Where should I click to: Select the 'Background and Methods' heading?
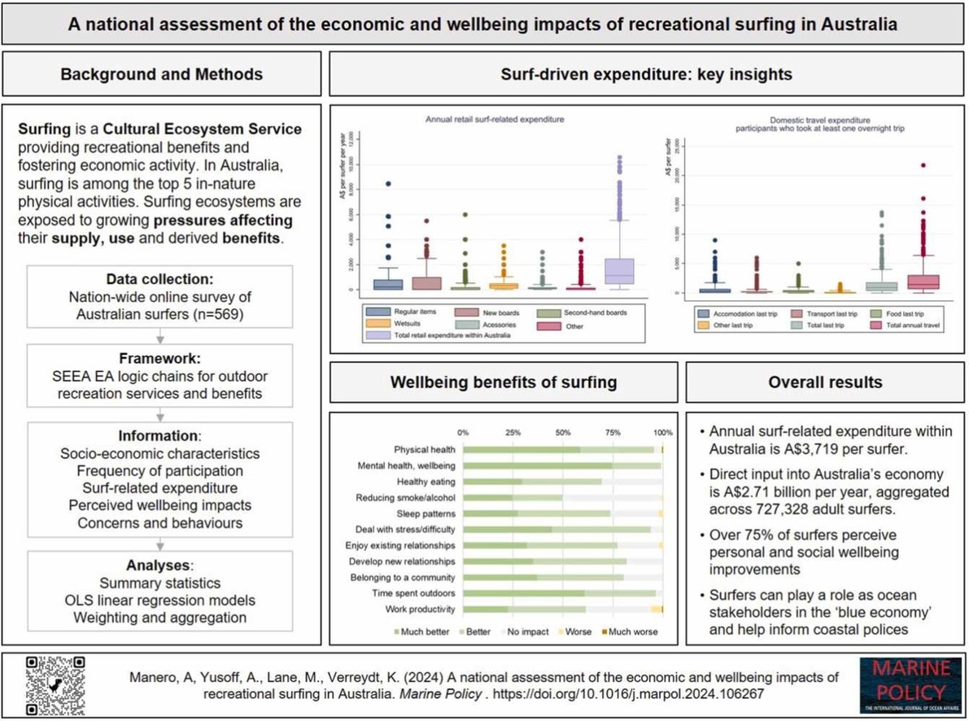click(162, 74)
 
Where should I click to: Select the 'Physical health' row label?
click(425, 449)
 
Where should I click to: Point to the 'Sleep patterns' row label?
click(426, 513)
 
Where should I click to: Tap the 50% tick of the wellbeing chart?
click(562, 432)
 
